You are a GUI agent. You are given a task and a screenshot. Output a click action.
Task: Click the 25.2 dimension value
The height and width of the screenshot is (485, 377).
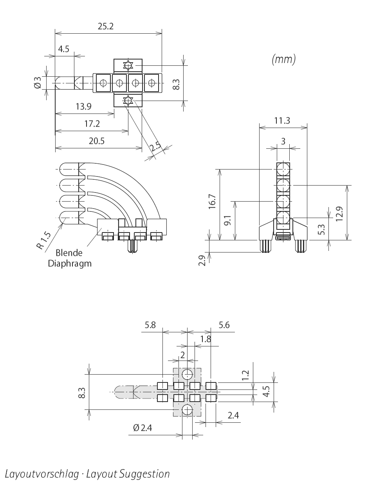click(105, 26)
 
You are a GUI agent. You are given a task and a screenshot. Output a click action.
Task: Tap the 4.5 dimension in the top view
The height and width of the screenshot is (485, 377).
click(63, 49)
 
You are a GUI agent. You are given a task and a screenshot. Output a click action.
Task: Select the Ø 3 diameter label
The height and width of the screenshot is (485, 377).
click(38, 83)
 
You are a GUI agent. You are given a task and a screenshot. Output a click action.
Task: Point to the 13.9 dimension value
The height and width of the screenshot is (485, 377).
click(83, 106)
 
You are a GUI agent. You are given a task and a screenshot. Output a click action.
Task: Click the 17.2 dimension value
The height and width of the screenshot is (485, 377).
click(92, 124)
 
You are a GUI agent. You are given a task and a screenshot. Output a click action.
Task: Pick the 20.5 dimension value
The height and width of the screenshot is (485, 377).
click(97, 141)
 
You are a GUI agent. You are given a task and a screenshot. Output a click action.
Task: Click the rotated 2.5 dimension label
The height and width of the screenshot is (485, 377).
click(155, 147)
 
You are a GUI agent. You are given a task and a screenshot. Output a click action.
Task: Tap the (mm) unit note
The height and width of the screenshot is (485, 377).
click(283, 59)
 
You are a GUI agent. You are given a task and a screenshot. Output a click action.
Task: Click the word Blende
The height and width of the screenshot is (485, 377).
click(69, 252)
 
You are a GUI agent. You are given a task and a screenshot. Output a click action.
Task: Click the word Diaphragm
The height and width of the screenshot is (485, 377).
click(70, 263)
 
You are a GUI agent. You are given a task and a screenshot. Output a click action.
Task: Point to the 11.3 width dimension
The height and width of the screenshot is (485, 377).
click(282, 120)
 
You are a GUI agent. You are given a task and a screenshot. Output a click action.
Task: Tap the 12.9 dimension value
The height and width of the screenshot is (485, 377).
click(339, 213)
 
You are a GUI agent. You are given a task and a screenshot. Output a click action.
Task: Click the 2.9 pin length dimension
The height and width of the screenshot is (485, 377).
click(202, 261)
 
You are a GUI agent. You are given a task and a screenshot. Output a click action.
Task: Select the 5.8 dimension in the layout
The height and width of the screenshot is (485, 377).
click(150, 325)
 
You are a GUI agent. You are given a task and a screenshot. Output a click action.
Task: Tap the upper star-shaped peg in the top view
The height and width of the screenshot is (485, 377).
click(127, 65)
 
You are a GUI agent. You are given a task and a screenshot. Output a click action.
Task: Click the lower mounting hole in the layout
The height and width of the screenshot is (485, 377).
click(187, 410)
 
